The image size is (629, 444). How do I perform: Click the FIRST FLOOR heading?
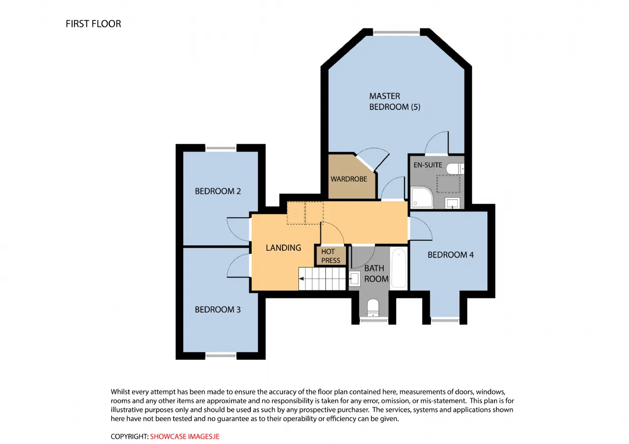coord(93,24)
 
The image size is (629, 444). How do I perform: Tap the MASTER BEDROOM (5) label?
coord(395,102)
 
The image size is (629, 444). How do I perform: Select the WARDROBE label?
coord(349,179)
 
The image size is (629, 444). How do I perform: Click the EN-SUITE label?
coord(428,165)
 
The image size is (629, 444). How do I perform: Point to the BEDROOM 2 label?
coord(218,191)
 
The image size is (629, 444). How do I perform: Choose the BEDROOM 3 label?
coord(218,310)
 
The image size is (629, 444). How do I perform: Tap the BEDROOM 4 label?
coord(451,255)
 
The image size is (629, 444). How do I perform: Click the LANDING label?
coord(284,248)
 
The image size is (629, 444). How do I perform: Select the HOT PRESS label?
coord(331,256)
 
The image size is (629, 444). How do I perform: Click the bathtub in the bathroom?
coord(399,268)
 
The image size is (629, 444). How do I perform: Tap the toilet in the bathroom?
coord(373,308)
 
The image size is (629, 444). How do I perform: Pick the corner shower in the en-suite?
coord(422,198)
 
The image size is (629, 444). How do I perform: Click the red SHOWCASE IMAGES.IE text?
coord(184,437)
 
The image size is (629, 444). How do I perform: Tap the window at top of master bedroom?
coord(397,32)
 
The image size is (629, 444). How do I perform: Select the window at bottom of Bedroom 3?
coord(221,356)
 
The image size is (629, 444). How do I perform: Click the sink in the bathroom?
coord(355,279)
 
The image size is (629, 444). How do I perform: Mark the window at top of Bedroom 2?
coord(221,148)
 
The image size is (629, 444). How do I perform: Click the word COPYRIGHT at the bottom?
coord(129,437)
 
